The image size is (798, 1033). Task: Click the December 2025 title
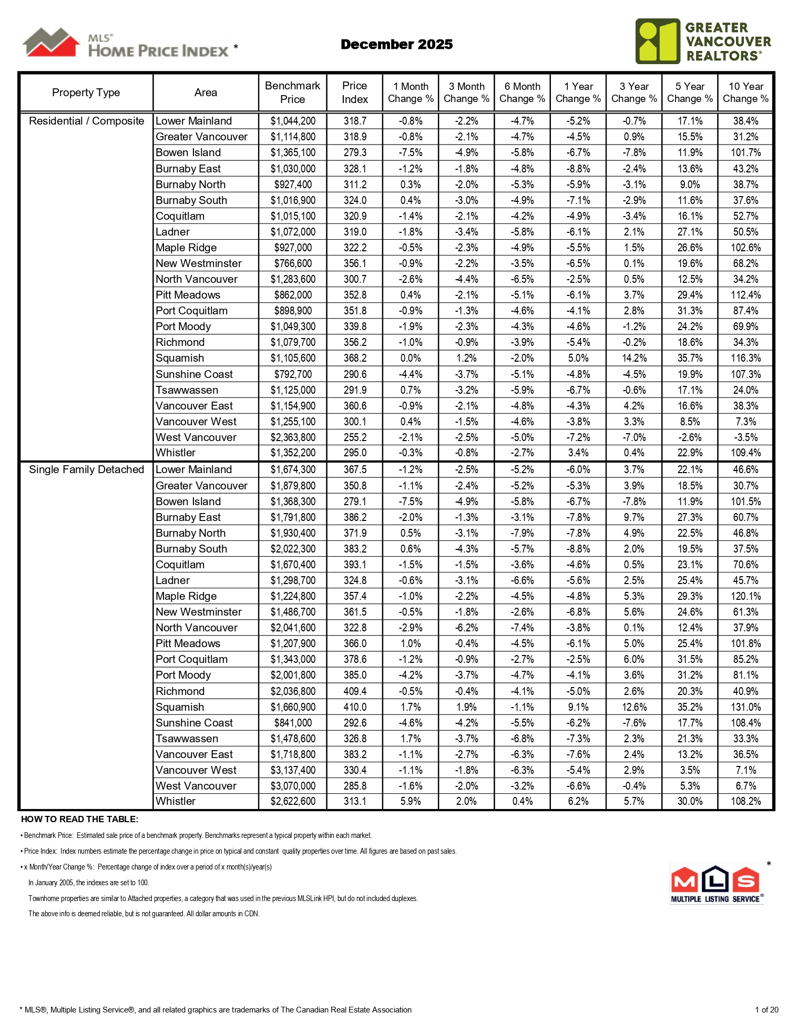pyautogui.click(x=396, y=44)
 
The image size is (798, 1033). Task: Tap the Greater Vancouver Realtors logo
pyautogui.click(x=702, y=41)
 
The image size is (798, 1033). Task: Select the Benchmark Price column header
pyautogui.click(x=292, y=93)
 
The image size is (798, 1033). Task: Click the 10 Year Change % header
pyautogui.click(x=745, y=93)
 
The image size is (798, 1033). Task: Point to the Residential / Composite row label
pyautogui.click(x=86, y=121)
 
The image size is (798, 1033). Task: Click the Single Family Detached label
pyautogui.click(x=86, y=469)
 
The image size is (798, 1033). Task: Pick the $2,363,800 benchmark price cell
pyautogui.click(x=293, y=437)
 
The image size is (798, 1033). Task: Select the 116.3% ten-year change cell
pyautogui.click(x=745, y=358)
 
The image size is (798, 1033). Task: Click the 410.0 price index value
pyautogui.click(x=355, y=707)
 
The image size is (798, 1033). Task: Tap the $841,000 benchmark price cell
pyautogui.click(x=293, y=723)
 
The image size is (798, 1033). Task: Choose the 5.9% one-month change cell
pyautogui.click(x=411, y=801)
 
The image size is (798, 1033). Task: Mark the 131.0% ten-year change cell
pyautogui.click(x=745, y=707)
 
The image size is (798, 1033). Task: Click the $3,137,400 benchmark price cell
pyautogui.click(x=293, y=770)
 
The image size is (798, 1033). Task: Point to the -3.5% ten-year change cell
pyautogui.click(x=745, y=437)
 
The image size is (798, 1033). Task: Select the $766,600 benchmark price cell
pyautogui.click(x=293, y=263)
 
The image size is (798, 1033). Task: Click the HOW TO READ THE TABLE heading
pyautogui.click(x=79, y=819)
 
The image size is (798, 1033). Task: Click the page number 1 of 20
pyautogui.click(x=766, y=1009)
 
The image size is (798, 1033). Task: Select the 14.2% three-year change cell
pyautogui.click(x=634, y=358)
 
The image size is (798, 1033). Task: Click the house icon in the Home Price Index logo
pyautogui.click(x=51, y=42)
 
